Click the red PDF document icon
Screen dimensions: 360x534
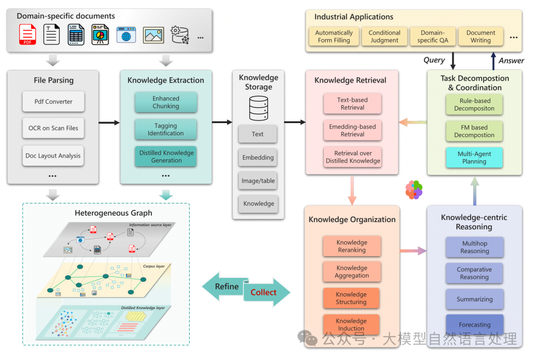[28, 35]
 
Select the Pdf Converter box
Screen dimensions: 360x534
[53, 102]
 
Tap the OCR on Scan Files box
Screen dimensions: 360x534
[53, 128]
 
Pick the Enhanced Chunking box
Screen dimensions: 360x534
[166, 102]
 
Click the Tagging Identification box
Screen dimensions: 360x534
[166, 130]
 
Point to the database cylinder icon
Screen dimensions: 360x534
[258, 108]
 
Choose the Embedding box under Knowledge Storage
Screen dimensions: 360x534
[258, 158]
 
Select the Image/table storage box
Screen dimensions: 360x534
[258, 181]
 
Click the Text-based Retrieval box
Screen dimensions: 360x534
[353, 103]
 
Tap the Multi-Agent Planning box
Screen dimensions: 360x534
[474, 158]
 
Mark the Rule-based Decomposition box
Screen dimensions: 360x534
[474, 104]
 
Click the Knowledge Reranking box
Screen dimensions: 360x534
[352, 246]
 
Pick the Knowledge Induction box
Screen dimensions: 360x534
[352, 324]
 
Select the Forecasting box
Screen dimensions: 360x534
[475, 325]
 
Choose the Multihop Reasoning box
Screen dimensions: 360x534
[475, 247]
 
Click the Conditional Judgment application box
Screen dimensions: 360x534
[384, 37]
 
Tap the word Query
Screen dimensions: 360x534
[434, 60]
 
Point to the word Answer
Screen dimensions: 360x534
[511, 60]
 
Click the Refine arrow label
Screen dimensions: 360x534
[226, 287]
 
